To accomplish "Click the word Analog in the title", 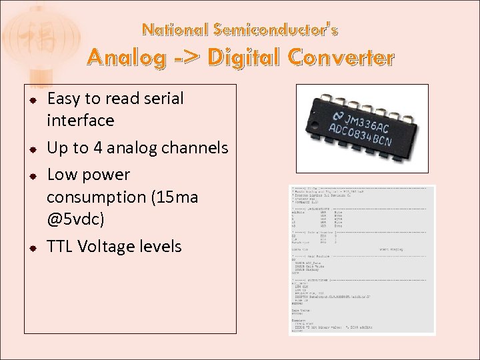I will (x=126, y=59).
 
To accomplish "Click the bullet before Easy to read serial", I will (x=31, y=100).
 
